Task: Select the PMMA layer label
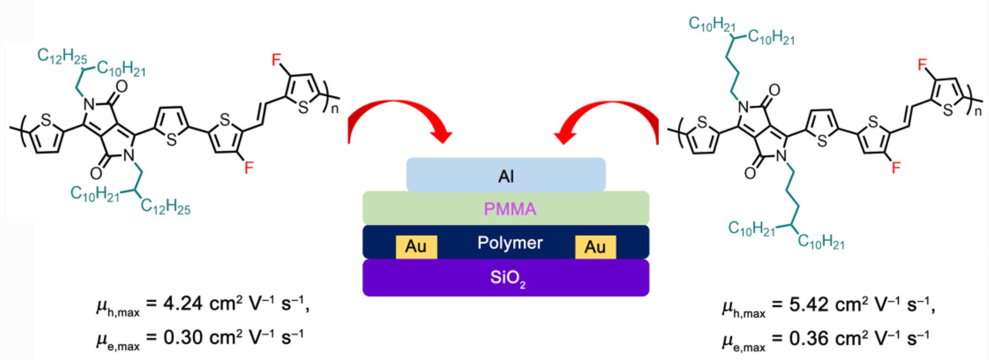(x=510, y=209)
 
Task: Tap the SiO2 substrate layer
(x=506, y=278)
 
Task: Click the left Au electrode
(x=416, y=247)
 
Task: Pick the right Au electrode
(x=595, y=247)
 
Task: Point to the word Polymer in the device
(x=510, y=242)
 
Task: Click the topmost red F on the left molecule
(x=277, y=59)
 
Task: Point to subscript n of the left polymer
(x=334, y=108)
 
